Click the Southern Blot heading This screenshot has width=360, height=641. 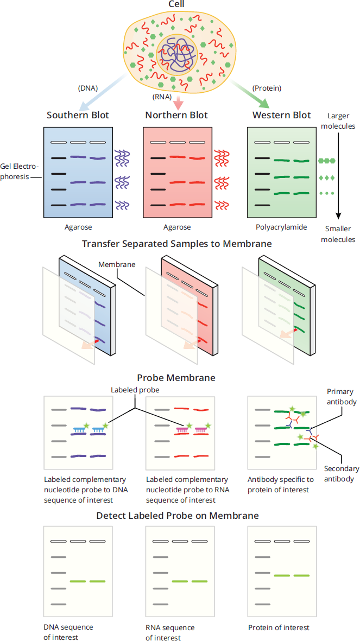(x=78, y=115)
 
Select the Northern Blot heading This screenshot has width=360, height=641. (x=176, y=115)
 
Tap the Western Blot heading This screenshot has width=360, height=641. (x=281, y=115)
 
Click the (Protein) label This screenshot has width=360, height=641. (x=267, y=88)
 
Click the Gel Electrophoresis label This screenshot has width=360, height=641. (x=21, y=172)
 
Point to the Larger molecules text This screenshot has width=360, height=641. (x=338, y=121)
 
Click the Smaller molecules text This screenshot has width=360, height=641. (x=338, y=233)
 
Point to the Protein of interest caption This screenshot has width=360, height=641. (x=279, y=627)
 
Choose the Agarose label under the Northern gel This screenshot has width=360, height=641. (x=176, y=226)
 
